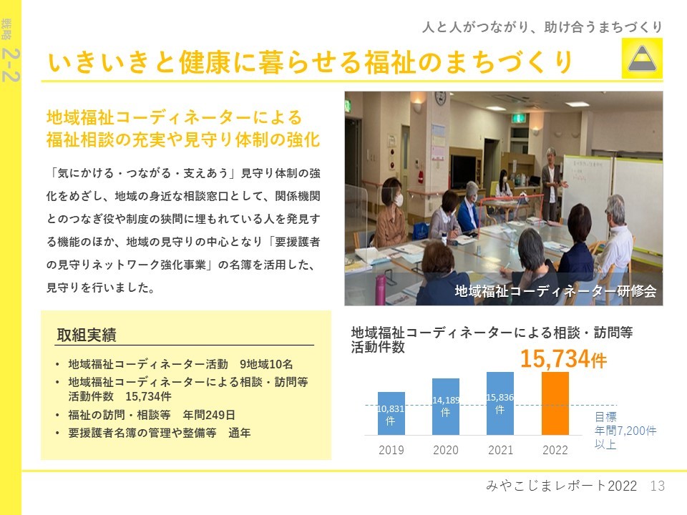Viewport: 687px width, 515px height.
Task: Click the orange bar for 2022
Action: coord(555,403)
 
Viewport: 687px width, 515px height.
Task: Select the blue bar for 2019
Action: coord(391,413)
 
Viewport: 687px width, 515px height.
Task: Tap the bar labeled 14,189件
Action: coord(446,406)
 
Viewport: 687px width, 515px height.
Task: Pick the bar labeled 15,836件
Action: coord(500,403)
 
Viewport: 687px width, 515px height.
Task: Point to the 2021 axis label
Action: coord(500,450)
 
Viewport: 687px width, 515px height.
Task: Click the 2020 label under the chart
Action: coord(446,450)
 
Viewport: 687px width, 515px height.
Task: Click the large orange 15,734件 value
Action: coord(563,358)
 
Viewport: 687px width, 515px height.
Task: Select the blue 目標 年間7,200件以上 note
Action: coord(625,431)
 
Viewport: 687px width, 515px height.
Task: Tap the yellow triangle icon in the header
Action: coord(642,58)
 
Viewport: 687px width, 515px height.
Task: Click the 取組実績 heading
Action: coord(87,335)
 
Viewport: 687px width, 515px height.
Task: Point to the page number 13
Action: coord(657,486)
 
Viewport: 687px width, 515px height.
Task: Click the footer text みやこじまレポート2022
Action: coord(561,486)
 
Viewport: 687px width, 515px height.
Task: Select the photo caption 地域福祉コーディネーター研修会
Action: coord(555,291)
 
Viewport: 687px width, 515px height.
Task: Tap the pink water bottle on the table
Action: coord(380,288)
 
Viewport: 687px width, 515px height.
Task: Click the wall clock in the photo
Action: coord(440,98)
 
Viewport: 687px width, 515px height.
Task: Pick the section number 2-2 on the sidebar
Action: coord(11,65)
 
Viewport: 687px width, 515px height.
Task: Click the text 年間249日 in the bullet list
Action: coord(209,415)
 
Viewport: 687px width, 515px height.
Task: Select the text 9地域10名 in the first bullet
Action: coord(266,364)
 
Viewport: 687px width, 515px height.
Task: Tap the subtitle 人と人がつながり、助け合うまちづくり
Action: coord(542,27)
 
